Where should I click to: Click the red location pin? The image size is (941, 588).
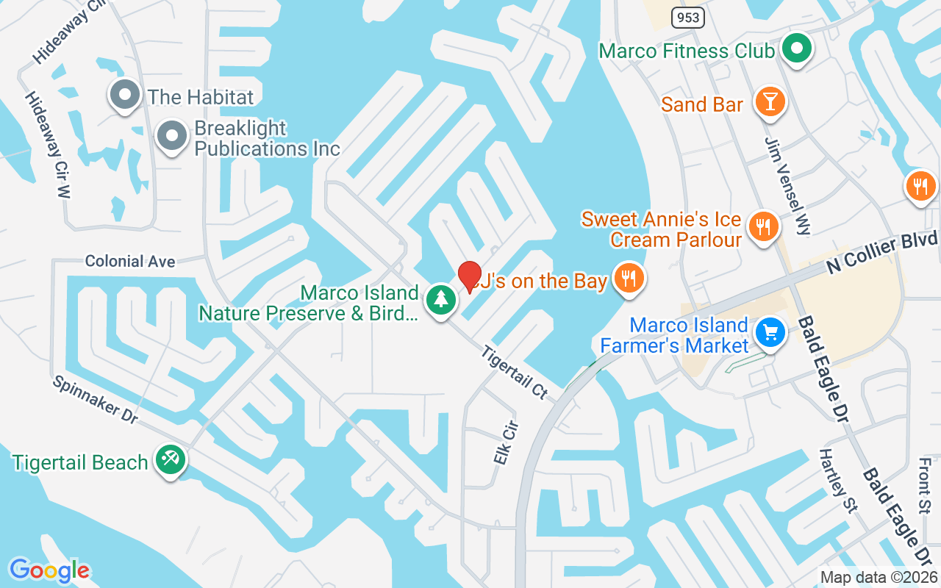click(x=469, y=276)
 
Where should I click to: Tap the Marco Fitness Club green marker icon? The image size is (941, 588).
click(x=795, y=50)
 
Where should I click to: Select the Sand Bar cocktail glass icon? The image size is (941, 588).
click(x=770, y=102)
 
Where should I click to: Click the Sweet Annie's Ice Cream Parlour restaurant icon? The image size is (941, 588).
click(x=765, y=226)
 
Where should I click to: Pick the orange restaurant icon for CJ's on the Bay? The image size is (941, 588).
click(x=629, y=279)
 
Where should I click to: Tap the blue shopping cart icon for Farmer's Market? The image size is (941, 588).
click(x=770, y=332)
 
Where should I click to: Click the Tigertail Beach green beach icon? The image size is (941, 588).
click(x=171, y=461)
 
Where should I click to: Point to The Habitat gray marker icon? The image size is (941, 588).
click(x=125, y=95)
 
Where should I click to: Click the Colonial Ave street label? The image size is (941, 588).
click(x=130, y=261)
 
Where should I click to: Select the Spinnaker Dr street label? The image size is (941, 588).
click(x=95, y=400)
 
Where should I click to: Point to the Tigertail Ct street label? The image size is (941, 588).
click(x=515, y=373)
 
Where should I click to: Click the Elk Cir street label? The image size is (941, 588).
click(x=506, y=442)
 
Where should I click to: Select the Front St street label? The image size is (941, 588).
click(x=925, y=486)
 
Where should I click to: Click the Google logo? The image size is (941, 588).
click(x=49, y=570)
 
